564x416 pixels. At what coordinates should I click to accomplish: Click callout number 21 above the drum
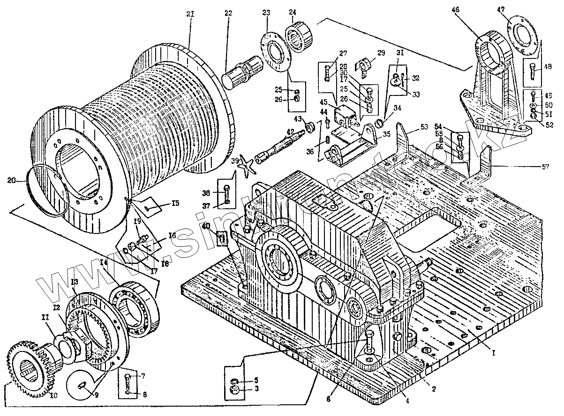pyautogui.click(x=190, y=15)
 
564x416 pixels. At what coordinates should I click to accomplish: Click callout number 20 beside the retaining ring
pyautogui.click(x=14, y=179)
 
